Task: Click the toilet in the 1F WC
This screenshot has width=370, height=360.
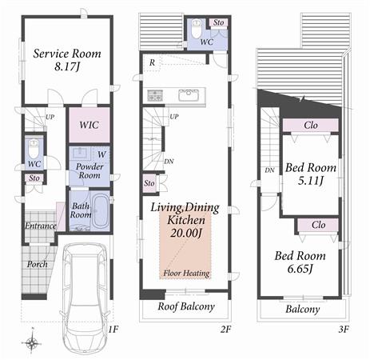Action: pyautogui.click(x=33, y=149)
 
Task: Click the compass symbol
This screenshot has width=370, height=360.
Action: pyautogui.click(x=31, y=342)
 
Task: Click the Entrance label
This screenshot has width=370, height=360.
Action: pyautogui.click(x=40, y=226)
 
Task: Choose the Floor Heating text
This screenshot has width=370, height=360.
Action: pyautogui.click(x=186, y=273)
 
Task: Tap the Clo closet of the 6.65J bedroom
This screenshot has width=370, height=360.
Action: pyautogui.click(x=317, y=225)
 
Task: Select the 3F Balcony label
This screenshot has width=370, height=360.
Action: pyautogui.click(x=302, y=309)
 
